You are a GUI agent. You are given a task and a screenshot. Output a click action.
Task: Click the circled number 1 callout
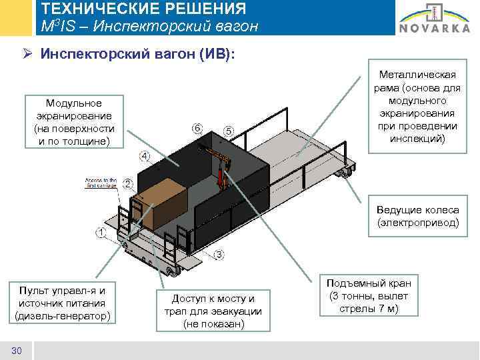pyautogui.click(x=101, y=233)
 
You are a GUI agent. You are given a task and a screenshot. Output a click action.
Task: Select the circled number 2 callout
pyautogui.click(x=127, y=183)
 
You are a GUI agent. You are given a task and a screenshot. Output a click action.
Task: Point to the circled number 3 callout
pyautogui.click(x=219, y=255)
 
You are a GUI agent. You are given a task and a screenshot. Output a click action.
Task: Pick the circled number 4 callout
pyautogui.click(x=145, y=157)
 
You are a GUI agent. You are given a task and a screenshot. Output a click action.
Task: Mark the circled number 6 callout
pyautogui.click(x=197, y=127)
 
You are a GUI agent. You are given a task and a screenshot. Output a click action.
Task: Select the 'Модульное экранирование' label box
pyautogui.click(x=74, y=123)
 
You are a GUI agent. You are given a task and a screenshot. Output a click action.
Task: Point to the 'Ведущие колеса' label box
pyautogui.click(x=418, y=216)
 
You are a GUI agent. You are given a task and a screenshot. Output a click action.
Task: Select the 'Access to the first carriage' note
pyautogui.click(x=101, y=183)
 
